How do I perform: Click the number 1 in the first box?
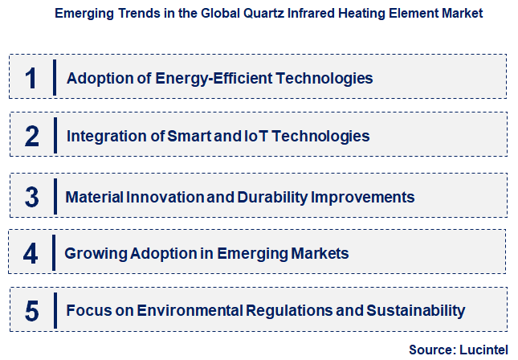click(31, 78)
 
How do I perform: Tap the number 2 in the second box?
click(31, 136)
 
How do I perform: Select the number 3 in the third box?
click(31, 197)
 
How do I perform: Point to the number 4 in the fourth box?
click(31, 254)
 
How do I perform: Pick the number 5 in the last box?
click(31, 310)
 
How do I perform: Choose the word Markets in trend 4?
click(319, 254)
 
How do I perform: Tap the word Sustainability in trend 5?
click(418, 310)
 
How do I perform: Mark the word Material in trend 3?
click(92, 197)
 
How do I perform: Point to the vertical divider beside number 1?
click(54, 78)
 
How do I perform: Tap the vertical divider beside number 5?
click(54, 310)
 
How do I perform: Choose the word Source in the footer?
click(430, 350)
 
